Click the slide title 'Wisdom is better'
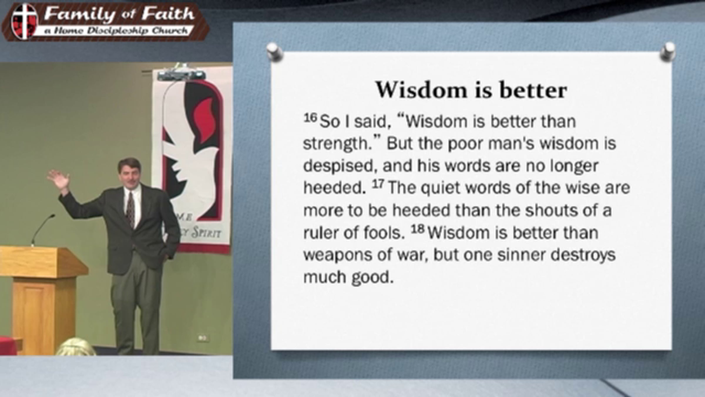(471, 90)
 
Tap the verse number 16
(310, 118)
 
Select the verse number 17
(378, 184)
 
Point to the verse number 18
(417, 229)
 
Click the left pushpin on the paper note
(275, 52)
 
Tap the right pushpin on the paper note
(668, 52)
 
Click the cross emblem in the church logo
(24, 21)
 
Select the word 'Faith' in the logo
(168, 14)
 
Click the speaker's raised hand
(59, 180)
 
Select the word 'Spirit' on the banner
(206, 233)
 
